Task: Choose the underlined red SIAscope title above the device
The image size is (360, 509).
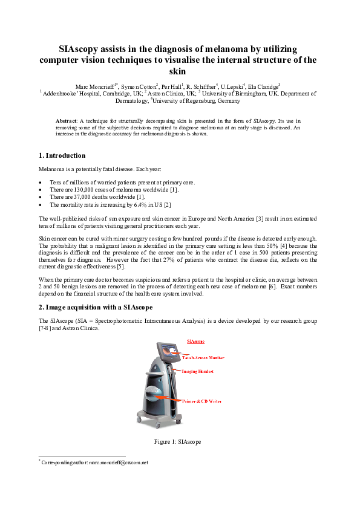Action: pos(196,342)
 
